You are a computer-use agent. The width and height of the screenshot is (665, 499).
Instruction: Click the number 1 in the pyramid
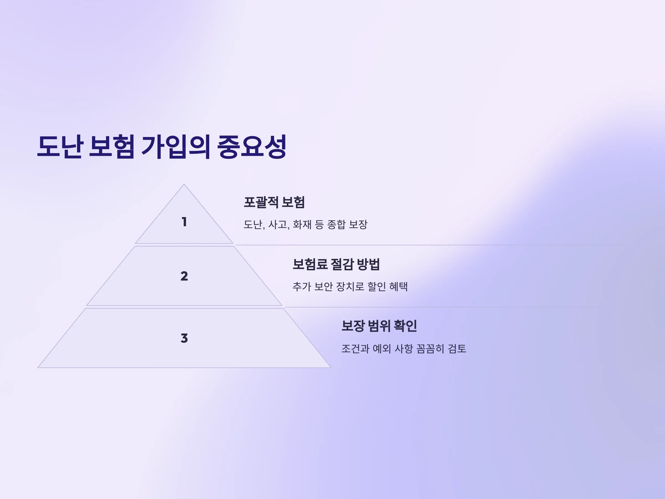(x=184, y=222)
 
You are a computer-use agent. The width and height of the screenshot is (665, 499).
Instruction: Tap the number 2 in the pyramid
(x=184, y=276)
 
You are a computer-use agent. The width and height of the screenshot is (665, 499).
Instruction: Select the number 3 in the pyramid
(x=184, y=338)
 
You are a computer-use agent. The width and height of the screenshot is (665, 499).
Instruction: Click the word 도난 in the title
(x=60, y=147)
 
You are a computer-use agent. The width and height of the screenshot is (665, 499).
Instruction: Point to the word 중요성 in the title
(x=252, y=147)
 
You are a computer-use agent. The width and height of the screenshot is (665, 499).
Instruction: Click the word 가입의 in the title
(x=176, y=147)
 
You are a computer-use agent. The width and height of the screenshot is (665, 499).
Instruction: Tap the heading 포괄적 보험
(x=274, y=202)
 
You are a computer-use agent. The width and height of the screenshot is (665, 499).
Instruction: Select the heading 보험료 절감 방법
(x=336, y=264)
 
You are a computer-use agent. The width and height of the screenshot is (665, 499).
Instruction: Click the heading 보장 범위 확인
(x=379, y=326)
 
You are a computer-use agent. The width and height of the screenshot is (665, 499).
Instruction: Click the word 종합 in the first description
(x=336, y=224)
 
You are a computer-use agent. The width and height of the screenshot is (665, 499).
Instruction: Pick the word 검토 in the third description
(x=457, y=349)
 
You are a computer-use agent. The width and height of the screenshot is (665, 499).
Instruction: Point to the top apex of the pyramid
(x=184, y=184)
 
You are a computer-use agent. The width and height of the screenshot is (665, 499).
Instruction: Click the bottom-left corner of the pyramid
(x=38, y=368)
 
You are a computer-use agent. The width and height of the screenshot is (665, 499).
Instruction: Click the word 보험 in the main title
(x=112, y=147)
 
